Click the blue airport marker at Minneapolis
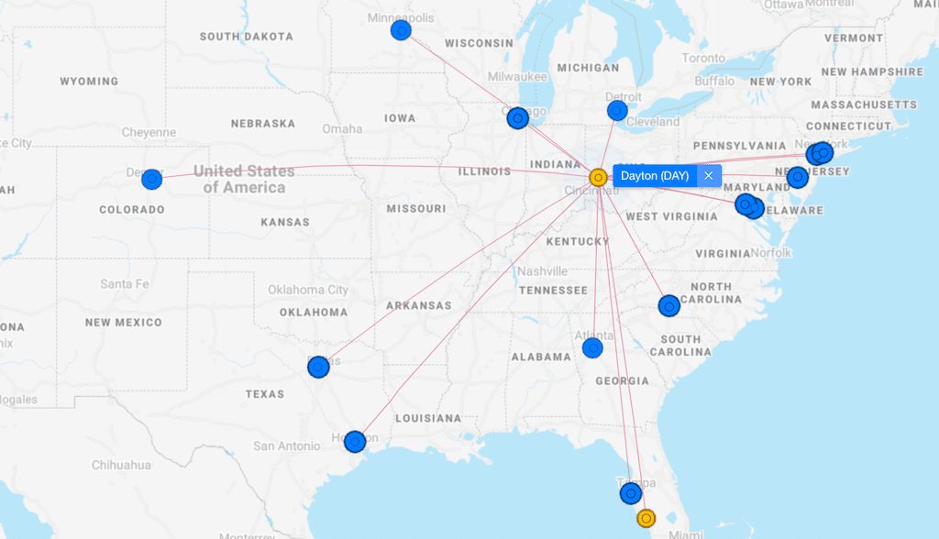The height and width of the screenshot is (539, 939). point(401,30)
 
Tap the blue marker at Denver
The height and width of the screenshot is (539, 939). point(151,179)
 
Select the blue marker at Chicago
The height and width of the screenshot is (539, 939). point(517,117)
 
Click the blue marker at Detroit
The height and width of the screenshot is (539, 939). point(617,111)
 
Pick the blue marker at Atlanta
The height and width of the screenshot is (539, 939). point(592,348)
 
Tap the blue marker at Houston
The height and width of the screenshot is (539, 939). point(355,441)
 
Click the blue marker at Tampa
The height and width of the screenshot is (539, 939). point(630,493)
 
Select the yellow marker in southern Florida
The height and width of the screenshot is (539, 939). point(646,518)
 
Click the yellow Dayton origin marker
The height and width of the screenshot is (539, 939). point(597,177)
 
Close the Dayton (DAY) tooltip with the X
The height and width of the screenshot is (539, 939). point(708,175)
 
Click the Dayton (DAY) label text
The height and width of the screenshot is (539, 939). point(654,175)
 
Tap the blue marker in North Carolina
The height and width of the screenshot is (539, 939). point(668,305)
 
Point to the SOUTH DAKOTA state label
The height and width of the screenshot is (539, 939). point(247,37)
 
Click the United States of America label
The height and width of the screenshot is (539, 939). point(244,179)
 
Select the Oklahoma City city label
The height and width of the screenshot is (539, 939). point(308,290)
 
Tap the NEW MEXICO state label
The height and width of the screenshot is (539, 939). point(123,323)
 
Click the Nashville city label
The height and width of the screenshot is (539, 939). point(542,271)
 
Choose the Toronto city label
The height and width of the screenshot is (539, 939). point(703,58)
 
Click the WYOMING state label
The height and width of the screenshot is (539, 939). point(89,82)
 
